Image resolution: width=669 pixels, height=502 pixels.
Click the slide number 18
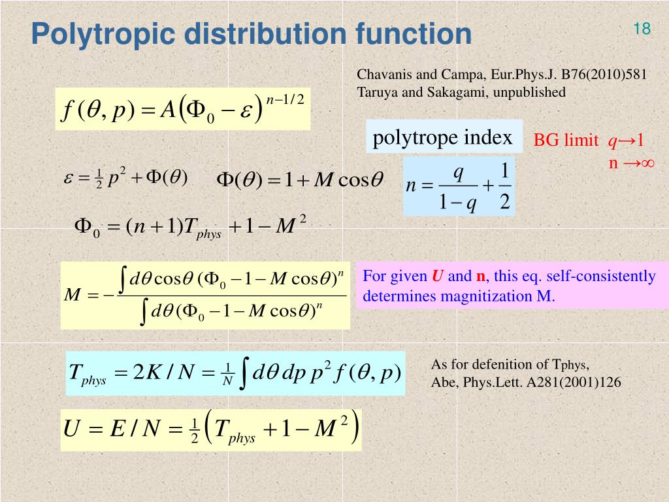pos(642,29)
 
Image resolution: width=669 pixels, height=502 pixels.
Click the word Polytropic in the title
pos(105,34)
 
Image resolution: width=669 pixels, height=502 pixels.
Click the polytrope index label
pos(442,138)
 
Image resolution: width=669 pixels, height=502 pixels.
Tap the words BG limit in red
pos(566,141)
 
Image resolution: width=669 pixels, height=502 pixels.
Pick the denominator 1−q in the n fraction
pos(457,203)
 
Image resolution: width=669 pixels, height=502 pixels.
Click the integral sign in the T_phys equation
pos(243,373)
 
